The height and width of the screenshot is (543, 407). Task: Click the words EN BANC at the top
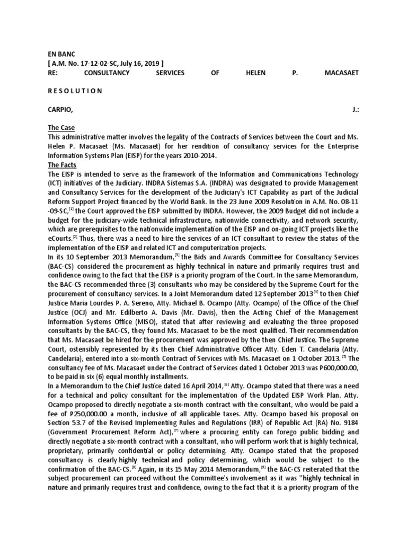[x=62, y=54]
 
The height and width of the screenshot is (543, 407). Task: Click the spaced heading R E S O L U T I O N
[x=75, y=91]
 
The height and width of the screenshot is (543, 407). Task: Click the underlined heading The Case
[x=61, y=128]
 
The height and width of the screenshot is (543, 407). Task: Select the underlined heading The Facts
[x=62, y=165]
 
